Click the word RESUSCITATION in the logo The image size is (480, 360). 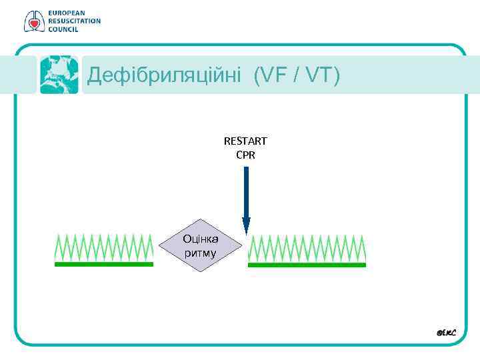74,21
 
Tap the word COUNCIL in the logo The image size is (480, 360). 63,29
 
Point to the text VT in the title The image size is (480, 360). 318,75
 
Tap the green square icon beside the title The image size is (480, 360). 59,74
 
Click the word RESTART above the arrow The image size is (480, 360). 245,141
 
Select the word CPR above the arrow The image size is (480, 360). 245,155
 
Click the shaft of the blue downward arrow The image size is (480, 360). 246,190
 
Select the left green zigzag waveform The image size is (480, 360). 104,247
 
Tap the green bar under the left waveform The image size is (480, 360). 104,264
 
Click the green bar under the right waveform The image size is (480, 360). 307,265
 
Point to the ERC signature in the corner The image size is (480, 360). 446,331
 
